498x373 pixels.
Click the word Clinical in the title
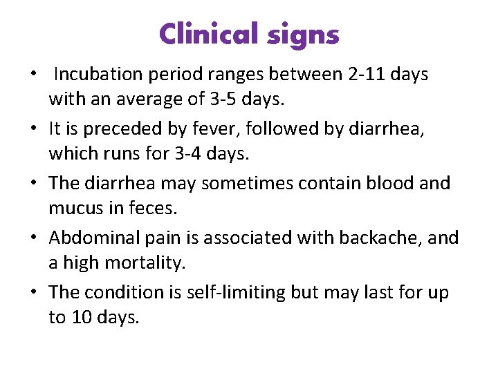[206, 34]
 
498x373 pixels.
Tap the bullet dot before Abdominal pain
[34, 238]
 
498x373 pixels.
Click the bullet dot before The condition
[34, 292]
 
